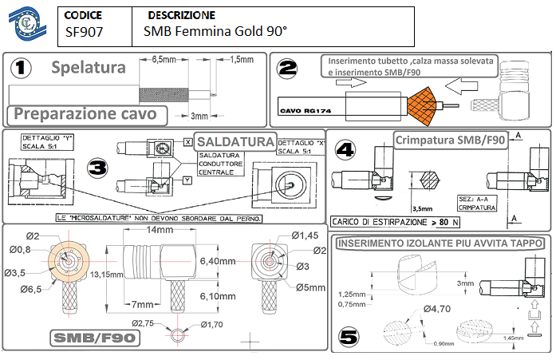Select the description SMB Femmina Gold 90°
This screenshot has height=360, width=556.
(215, 33)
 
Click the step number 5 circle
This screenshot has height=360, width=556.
(349, 337)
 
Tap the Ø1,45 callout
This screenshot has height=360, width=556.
(305, 235)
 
